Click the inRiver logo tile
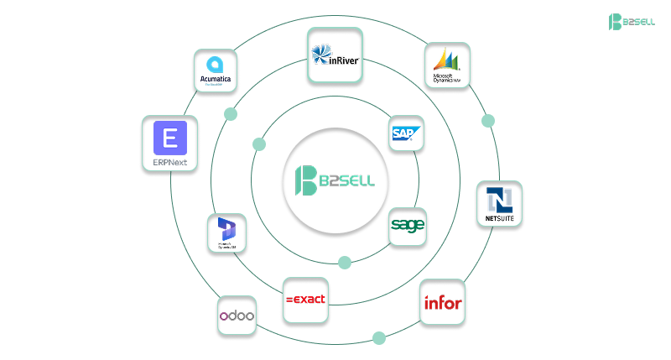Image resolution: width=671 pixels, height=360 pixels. pos(335,55)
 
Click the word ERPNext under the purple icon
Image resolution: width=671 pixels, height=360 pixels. pos(170,161)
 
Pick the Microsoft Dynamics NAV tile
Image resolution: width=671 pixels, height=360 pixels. pos(447,66)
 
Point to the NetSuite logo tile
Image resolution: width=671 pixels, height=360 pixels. pos(499,204)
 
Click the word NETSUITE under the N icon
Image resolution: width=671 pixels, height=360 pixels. pos(499,219)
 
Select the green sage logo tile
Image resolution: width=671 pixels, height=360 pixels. pos(408,226)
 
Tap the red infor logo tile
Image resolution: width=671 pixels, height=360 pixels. pos(442,302)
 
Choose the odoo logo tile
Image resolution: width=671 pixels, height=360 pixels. pos(237,316)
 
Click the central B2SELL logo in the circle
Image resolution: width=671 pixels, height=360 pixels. pos(335,180)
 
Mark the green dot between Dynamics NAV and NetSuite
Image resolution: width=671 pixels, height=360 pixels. pos(488,121)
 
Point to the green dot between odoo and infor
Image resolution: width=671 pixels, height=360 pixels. pos(379,338)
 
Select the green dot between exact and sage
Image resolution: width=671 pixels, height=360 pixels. pos(345,263)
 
